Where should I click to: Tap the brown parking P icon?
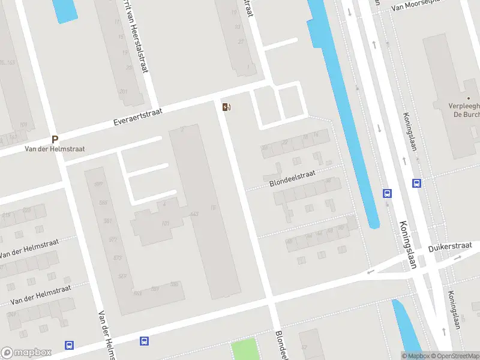55,139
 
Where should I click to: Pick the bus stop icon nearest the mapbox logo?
70,345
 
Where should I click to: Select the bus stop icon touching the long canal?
388,193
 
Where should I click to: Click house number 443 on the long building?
194,214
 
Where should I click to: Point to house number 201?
124,92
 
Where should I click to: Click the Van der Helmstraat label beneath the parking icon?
55,149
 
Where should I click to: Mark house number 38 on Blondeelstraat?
328,181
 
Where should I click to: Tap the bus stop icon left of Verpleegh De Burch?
416,184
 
